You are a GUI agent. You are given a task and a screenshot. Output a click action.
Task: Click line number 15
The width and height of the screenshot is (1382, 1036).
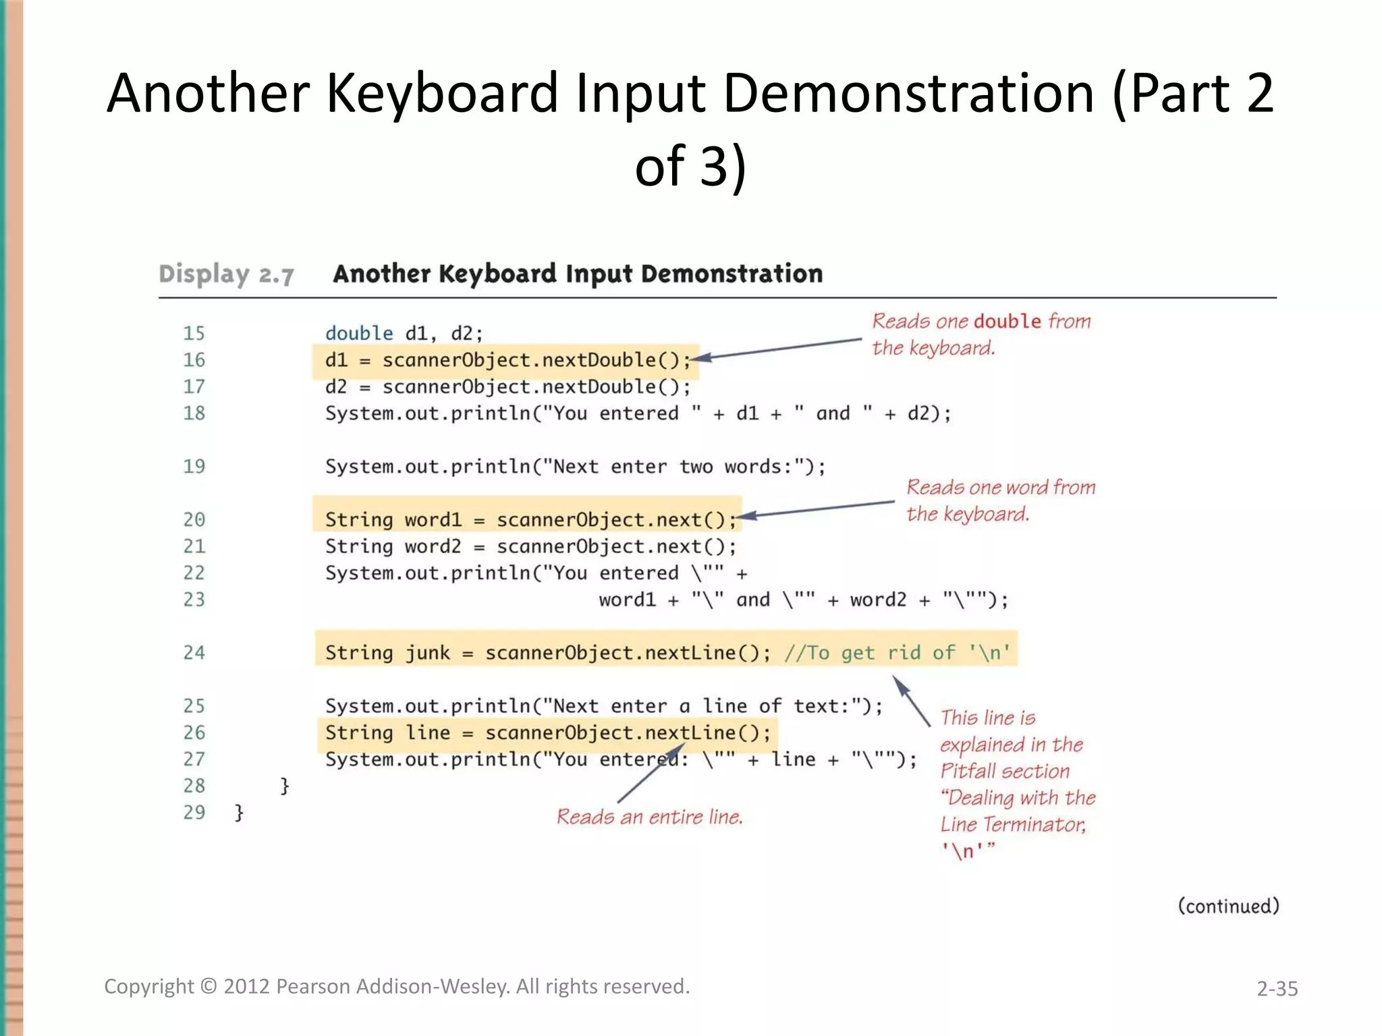click(x=194, y=333)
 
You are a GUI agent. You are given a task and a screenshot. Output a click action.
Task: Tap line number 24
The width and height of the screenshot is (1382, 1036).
click(x=194, y=652)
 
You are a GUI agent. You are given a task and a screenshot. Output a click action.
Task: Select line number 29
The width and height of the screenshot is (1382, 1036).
click(x=194, y=812)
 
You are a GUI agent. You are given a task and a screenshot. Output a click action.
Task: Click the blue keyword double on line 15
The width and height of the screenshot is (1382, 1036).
click(x=358, y=333)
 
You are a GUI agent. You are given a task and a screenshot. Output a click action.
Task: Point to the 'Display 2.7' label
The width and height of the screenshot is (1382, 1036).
click(x=226, y=274)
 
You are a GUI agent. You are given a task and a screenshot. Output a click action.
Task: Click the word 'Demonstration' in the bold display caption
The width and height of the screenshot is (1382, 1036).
click(x=731, y=274)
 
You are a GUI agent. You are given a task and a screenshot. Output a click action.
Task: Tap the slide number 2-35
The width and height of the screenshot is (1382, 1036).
click(x=1277, y=989)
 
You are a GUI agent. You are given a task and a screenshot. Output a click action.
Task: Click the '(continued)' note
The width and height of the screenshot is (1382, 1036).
click(x=1228, y=906)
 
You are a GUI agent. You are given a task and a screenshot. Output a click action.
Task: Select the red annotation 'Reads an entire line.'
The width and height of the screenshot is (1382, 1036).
click(x=649, y=817)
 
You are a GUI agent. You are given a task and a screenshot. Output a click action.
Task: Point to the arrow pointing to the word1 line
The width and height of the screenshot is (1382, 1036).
click(x=820, y=509)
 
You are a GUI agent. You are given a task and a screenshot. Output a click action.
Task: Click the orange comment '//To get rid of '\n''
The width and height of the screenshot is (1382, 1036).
click(x=897, y=652)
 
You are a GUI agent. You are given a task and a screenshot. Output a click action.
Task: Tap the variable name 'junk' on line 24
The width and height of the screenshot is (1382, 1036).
click(x=427, y=652)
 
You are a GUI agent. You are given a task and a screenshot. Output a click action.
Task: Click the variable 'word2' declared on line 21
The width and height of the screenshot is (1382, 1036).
click(x=433, y=546)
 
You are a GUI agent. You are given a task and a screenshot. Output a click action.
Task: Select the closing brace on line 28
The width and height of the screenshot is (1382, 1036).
click(x=285, y=786)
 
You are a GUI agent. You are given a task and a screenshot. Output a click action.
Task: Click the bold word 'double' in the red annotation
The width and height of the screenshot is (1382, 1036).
click(x=1007, y=321)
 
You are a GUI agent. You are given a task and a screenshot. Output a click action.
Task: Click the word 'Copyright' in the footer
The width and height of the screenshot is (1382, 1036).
click(x=148, y=987)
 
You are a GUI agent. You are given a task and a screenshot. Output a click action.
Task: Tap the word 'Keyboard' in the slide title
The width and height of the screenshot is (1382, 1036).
click(x=442, y=93)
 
